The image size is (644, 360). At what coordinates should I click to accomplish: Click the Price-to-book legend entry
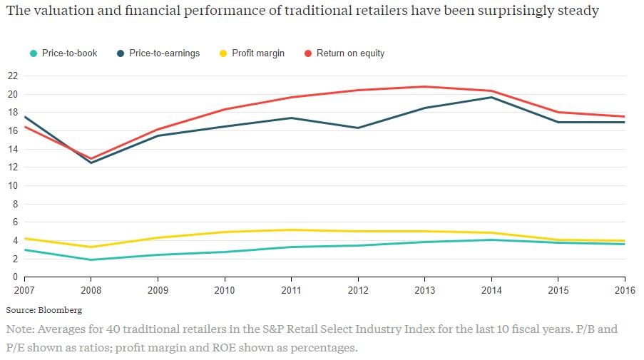pyautogui.click(x=68, y=53)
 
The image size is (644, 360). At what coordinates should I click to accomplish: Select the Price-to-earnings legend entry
pyautogui.click(x=164, y=53)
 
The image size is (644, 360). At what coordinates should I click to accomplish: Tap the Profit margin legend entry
pyautogui.click(x=257, y=53)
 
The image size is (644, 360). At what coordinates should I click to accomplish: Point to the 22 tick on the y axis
pyautogui.click(x=12, y=76)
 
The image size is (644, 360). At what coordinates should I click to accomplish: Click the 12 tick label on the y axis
pyautogui.click(x=12, y=168)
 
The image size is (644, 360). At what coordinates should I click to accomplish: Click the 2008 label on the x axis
pyautogui.click(x=91, y=290)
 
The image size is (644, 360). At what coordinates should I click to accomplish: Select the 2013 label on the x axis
pyautogui.click(x=424, y=290)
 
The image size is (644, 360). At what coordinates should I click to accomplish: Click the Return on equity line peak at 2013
pyautogui.click(x=424, y=87)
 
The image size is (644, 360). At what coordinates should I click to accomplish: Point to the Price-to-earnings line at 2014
pyautogui.click(x=491, y=97)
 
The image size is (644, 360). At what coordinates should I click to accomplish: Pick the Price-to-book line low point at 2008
pyautogui.click(x=91, y=259)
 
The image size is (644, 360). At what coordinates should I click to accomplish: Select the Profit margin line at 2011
pyautogui.click(x=291, y=230)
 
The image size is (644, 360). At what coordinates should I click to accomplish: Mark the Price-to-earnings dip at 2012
pyautogui.click(x=358, y=128)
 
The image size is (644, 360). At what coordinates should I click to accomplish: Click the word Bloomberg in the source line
pyautogui.click(x=60, y=310)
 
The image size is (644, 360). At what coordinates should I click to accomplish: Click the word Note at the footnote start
pyautogui.click(x=19, y=329)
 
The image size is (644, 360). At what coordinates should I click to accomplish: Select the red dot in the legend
pyautogui.click(x=309, y=53)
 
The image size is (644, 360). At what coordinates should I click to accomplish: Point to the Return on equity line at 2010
pyautogui.click(x=225, y=109)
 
